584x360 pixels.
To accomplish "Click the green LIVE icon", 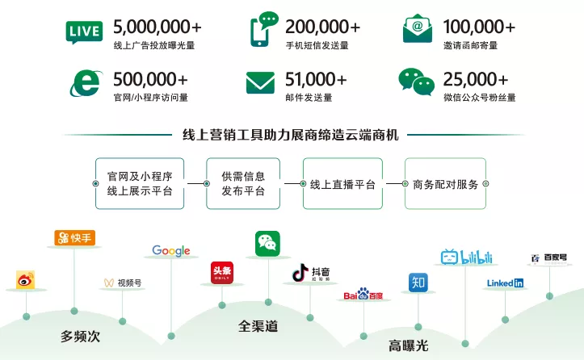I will tap(84, 31).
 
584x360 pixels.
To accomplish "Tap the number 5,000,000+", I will tap(157, 27).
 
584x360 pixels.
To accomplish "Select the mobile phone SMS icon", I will tap(262, 31).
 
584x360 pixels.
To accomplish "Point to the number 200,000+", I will tap(323, 27).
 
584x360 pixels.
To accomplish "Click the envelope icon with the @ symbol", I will tap(417, 30).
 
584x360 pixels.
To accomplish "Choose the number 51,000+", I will tap(316, 79).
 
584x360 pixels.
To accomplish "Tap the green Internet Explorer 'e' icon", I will tap(84, 82).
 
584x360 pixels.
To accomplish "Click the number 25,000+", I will tap(476, 79).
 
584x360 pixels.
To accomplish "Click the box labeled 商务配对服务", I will tap(445, 184).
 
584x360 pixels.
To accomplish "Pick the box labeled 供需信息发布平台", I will tap(243, 184).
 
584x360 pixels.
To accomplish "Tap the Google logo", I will tap(171, 251).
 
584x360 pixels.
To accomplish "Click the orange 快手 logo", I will tap(74, 237).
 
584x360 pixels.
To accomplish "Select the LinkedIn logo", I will tap(505, 283).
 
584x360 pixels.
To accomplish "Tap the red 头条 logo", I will tap(221, 273).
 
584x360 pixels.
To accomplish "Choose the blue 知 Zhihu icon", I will tap(418, 283).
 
